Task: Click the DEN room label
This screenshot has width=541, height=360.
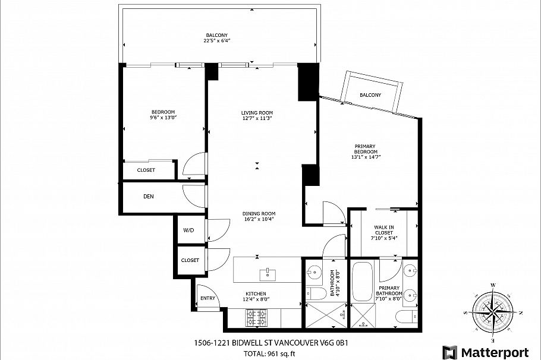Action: (149, 196)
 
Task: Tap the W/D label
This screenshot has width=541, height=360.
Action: (188, 230)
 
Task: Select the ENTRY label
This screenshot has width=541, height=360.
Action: (207, 298)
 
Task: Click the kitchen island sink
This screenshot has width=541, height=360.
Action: (269, 273)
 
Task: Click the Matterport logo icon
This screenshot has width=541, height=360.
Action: (450, 352)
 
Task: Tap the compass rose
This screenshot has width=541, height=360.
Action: (492, 311)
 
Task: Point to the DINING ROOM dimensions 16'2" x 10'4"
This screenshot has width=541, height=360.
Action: (259, 220)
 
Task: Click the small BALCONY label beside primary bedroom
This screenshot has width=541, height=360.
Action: (370, 95)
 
